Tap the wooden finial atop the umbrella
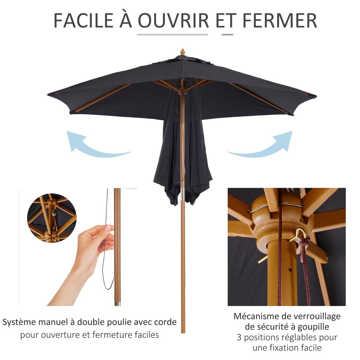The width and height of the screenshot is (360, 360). [x=182, y=52]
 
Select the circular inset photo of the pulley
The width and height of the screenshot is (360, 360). [x=52, y=218]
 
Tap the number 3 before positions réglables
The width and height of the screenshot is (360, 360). [x=239, y=337]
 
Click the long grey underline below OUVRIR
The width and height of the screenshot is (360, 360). [x=172, y=34]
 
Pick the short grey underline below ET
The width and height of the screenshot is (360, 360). [x=227, y=34]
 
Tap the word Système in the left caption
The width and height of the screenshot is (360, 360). [x=19, y=322]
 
